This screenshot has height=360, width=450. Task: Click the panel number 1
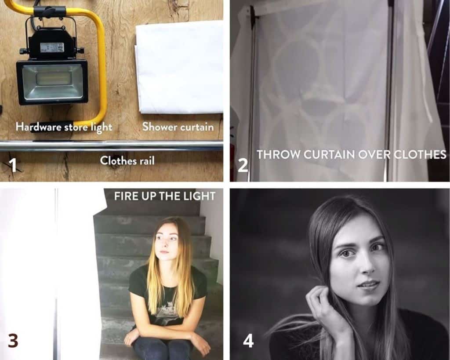click(x=13, y=165)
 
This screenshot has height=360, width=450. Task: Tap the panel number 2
click(x=243, y=166)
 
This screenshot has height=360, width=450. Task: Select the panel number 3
click(x=13, y=341)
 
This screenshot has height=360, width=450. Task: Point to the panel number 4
click(x=248, y=341)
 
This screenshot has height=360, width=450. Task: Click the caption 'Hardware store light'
click(x=64, y=127)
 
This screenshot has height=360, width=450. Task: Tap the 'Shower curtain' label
click(x=178, y=127)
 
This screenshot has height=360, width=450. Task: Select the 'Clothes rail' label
click(x=127, y=160)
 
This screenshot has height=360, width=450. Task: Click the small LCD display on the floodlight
click(x=52, y=47)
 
